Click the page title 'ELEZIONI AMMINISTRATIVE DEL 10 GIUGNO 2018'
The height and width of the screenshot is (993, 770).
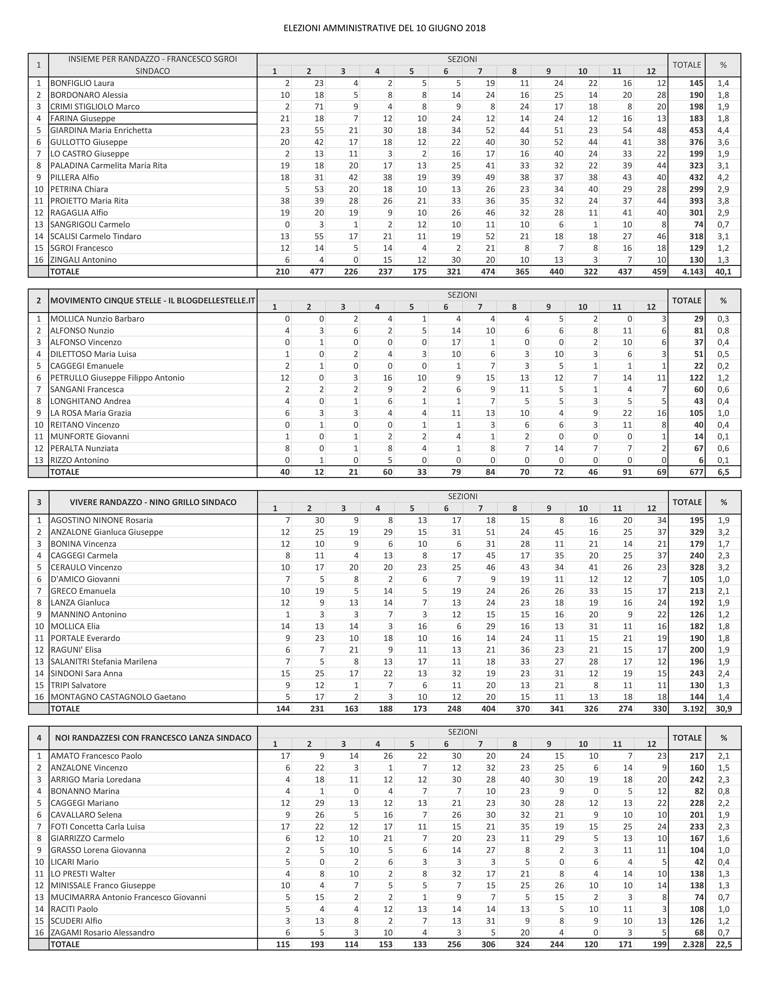[x=385, y=28]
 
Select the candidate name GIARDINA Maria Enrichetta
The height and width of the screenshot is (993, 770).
[x=101, y=130]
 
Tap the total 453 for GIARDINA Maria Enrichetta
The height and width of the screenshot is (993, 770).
[x=696, y=130]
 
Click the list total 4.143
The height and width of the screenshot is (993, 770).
[x=692, y=272]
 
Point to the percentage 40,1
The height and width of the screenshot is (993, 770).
[x=723, y=272]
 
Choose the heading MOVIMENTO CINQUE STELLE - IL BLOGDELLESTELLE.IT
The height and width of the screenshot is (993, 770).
[x=153, y=301]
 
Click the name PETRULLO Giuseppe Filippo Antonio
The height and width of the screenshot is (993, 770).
[x=118, y=377]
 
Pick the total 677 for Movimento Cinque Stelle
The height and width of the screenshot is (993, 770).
[x=696, y=472]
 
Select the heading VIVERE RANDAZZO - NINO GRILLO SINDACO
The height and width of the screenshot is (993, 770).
[x=153, y=502]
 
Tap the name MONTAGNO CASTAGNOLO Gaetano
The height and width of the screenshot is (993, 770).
[x=118, y=696]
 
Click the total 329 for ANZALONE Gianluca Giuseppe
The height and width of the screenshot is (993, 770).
[x=696, y=532]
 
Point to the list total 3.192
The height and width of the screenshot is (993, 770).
[x=693, y=708]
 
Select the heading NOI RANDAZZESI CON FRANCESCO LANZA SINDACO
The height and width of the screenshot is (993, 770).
[x=153, y=738]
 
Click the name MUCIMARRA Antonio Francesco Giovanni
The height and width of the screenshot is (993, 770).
[x=128, y=897]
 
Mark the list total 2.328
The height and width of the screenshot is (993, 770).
[x=693, y=944]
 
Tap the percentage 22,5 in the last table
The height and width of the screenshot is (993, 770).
[x=724, y=944]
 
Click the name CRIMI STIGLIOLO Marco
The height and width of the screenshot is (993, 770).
[x=95, y=107]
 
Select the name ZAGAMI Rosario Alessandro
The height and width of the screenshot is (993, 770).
[x=103, y=932]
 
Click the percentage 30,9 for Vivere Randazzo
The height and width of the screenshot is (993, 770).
[x=724, y=708]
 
